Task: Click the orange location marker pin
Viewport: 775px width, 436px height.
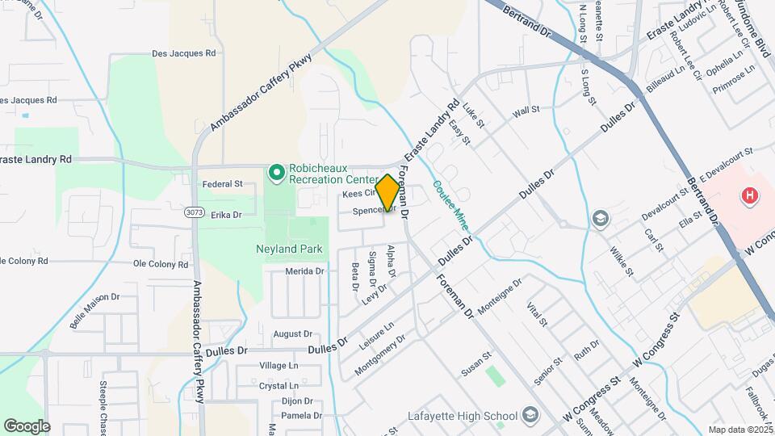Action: click(x=387, y=193)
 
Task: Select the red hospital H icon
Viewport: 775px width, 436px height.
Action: click(x=750, y=195)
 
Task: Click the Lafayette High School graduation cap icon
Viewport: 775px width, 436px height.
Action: click(x=530, y=416)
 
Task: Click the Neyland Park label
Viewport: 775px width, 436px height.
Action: click(x=290, y=249)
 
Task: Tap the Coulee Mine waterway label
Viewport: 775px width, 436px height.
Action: click(x=450, y=206)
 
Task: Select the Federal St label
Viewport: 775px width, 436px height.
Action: click(x=223, y=184)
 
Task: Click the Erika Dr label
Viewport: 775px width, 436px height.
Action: click(x=226, y=215)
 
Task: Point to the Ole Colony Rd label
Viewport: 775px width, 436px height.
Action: click(x=160, y=263)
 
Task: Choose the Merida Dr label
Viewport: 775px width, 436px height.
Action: click(x=304, y=271)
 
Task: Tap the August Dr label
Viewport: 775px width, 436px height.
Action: click(x=292, y=333)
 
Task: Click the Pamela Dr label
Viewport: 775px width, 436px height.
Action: click(x=301, y=416)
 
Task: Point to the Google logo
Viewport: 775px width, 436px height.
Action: click(x=27, y=426)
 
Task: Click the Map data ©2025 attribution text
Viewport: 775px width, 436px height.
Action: click(x=740, y=430)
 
